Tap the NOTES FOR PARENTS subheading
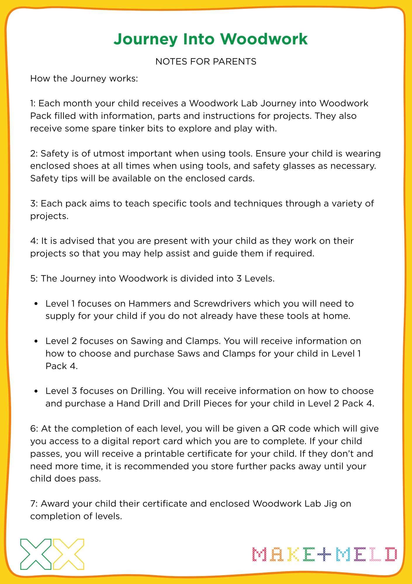[x=206, y=62]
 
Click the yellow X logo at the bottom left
[x=68, y=554]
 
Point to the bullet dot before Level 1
[x=36, y=304]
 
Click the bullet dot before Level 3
[x=36, y=391]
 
